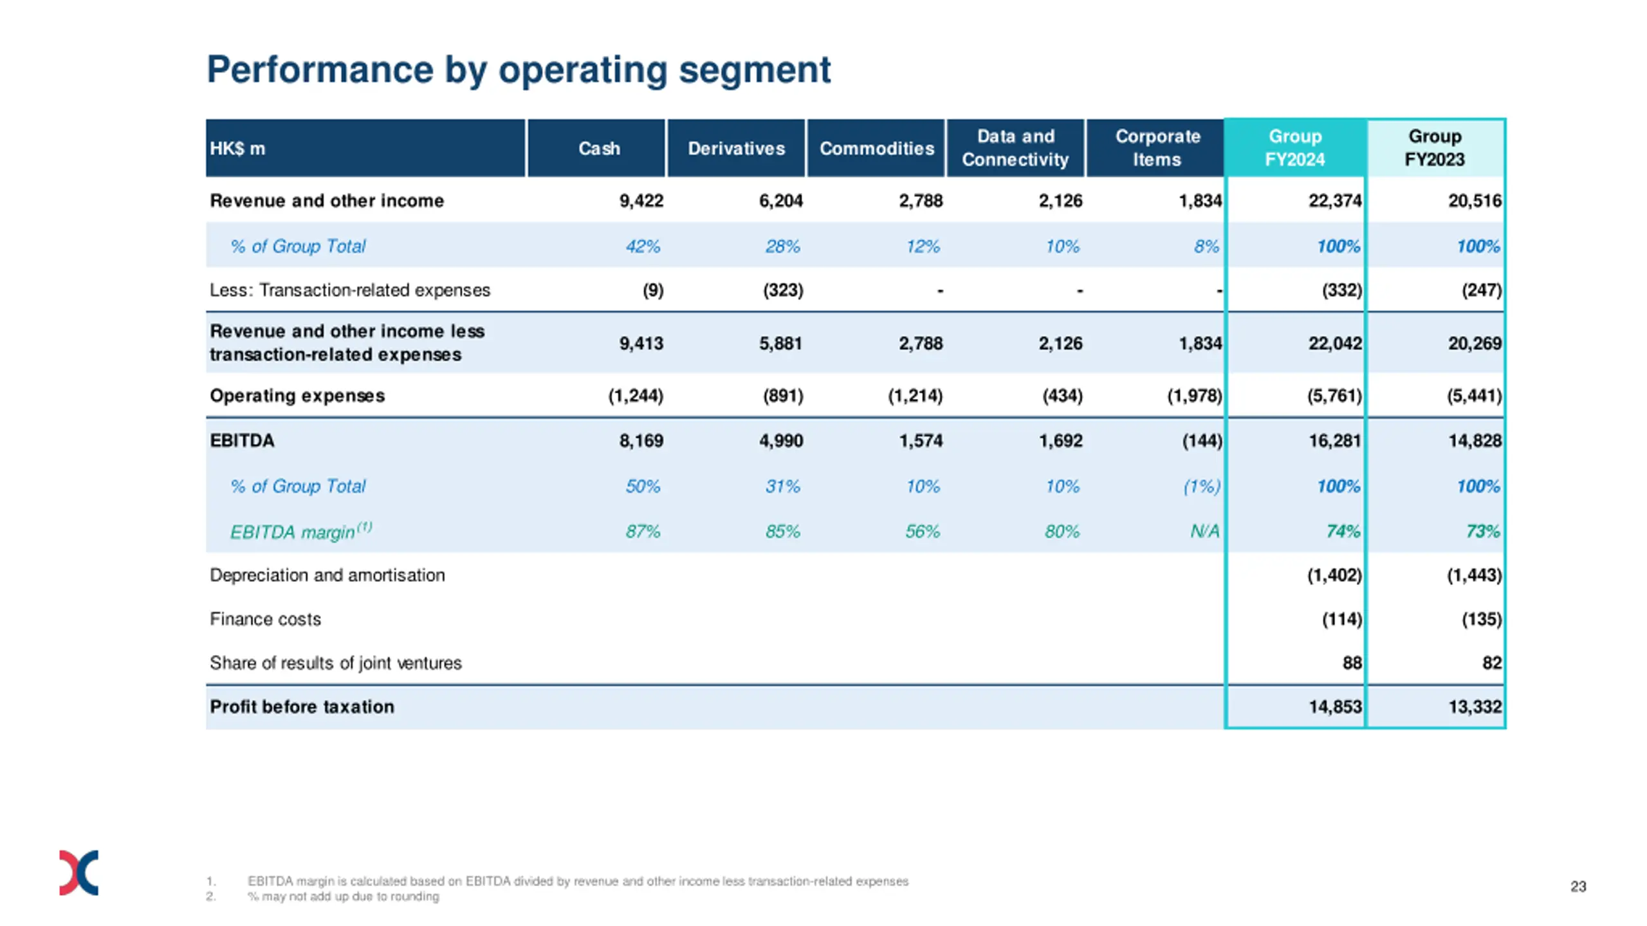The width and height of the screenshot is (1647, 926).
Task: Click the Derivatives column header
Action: click(x=736, y=149)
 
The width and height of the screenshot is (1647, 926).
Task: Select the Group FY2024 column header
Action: click(x=1294, y=148)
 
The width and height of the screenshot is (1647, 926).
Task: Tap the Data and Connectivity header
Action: click(x=1015, y=148)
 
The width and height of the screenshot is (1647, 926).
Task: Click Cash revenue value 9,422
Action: click(x=641, y=201)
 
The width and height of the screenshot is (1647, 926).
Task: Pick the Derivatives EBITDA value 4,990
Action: click(x=780, y=441)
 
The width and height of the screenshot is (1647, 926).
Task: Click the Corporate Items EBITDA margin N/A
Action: click(x=1204, y=532)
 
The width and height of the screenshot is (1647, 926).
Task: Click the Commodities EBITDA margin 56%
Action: click(x=922, y=532)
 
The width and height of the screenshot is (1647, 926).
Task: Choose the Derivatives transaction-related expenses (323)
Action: click(x=783, y=290)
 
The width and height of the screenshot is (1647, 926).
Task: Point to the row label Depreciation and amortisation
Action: click(x=327, y=575)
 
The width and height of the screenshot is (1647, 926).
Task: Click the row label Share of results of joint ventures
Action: click(x=335, y=663)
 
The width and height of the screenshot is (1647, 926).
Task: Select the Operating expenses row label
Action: click(x=297, y=396)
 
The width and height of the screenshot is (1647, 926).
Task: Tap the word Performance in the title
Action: click(x=320, y=69)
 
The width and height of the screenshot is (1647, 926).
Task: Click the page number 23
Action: click(x=1578, y=887)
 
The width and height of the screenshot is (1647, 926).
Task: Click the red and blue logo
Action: click(x=78, y=873)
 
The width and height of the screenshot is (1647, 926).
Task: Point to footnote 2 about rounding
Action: click(x=344, y=896)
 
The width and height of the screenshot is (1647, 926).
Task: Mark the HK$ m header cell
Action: click(x=237, y=149)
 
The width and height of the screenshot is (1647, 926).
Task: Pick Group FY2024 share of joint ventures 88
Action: click(x=1352, y=663)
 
